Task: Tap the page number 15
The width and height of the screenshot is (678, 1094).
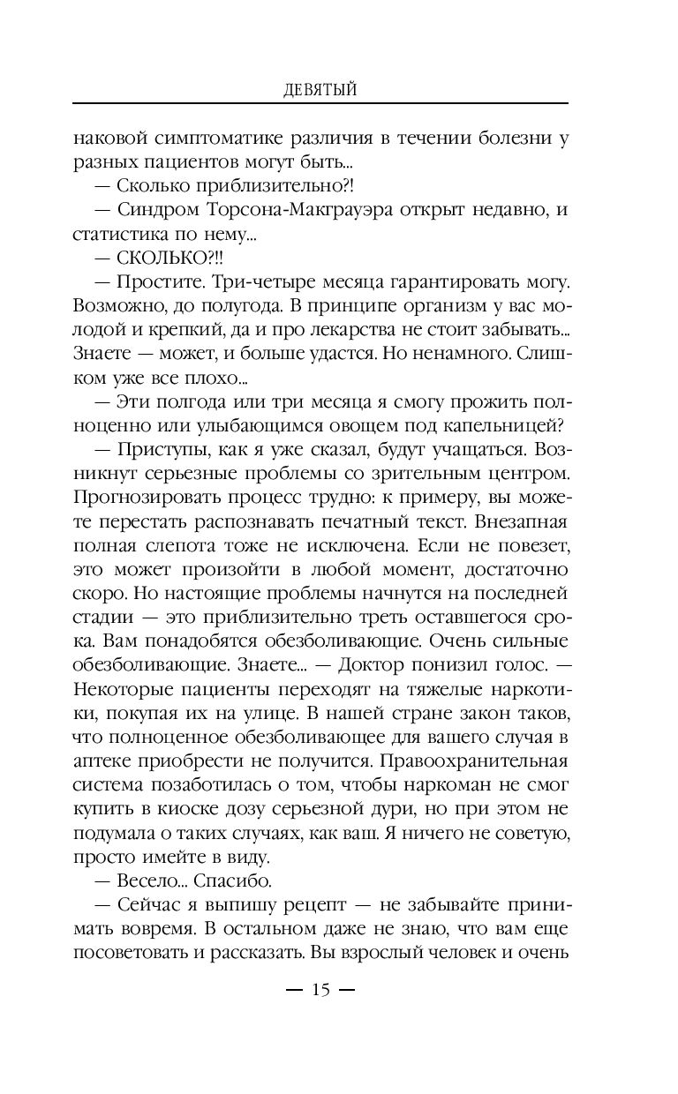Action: coord(320,991)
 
